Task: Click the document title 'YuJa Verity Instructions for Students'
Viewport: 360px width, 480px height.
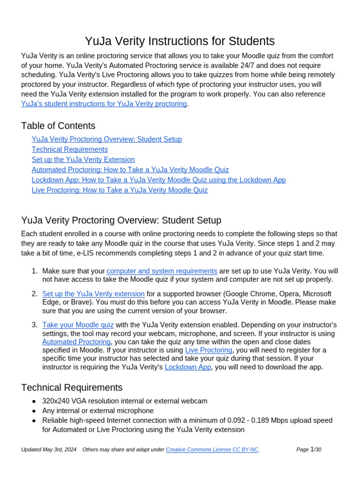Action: [180, 41]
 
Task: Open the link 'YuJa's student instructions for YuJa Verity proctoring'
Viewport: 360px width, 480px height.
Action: [104, 104]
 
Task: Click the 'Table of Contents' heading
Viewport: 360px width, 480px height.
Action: [58, 126]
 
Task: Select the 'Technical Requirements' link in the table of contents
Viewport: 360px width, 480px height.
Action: [70, 149]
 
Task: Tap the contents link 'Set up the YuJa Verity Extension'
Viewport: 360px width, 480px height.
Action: [83, 159]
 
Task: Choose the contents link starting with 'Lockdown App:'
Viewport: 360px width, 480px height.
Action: [158, 180]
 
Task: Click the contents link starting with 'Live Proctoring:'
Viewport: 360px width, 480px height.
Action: [120, 190]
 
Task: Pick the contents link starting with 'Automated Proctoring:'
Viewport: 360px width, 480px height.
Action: [130, 170]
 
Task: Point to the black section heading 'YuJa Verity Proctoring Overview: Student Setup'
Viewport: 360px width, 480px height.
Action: [121, 220]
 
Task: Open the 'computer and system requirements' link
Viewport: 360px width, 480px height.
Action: [162, 271]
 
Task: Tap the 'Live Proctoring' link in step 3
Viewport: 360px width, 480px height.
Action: [209, 350]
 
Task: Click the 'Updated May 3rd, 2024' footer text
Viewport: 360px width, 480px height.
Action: [49, 450]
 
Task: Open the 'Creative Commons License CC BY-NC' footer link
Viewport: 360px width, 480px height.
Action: [212, 450]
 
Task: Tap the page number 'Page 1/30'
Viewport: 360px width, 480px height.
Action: [309, 450]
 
